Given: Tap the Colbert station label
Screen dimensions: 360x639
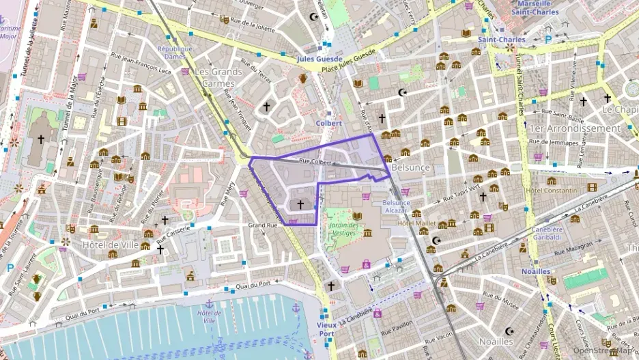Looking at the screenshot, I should pyautogui.click(x=328, y=123).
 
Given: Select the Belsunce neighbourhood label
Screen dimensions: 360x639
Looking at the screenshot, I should pyautogui.click(x=412, y=167).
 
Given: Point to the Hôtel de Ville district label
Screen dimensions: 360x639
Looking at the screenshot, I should pyautogui.click(x=109, y=244).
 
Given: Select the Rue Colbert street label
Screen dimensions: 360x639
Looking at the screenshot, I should pyautogui.click(x=315, y=162).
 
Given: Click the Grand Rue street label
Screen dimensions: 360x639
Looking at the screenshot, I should pyautogui.click(x=262, y=225).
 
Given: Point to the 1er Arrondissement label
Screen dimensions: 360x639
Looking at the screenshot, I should pyautogui.click(x=575, y=128).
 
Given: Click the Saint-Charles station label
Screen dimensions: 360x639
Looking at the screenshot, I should pyautogui.click(x=501, y=40).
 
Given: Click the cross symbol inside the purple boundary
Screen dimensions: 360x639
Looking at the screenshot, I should pyautogui.click(x=300, y=204).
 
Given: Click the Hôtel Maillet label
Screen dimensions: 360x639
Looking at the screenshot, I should pyautogui.click(x=416, y=223).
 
